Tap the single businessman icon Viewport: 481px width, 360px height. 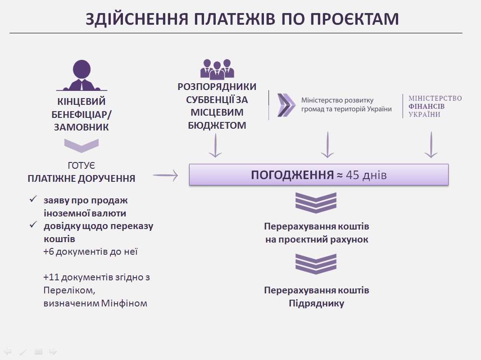click(x=82, y=76)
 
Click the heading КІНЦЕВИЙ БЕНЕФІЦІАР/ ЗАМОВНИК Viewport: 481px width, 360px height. click(x=82, y=114)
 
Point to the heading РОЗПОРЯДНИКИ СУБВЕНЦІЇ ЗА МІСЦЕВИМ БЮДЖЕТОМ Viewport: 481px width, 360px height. click(x=217, y=106)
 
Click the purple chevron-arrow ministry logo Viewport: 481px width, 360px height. click(x=286, y=105)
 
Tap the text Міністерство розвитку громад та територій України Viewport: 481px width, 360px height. click(x=346, y=105)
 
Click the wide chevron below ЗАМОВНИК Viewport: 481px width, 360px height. click(x=82, y=145)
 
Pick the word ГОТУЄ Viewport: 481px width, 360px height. click(x=82, y=165)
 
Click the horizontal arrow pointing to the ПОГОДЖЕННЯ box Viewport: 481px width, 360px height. click(x=166, y=176)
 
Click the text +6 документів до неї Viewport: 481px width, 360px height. click(x=91, y=251)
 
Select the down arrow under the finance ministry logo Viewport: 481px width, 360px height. click(x=431, y=144)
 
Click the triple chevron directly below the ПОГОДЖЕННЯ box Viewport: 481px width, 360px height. click(x=316, y=202)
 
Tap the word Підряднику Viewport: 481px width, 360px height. click(x=317, y=303)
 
